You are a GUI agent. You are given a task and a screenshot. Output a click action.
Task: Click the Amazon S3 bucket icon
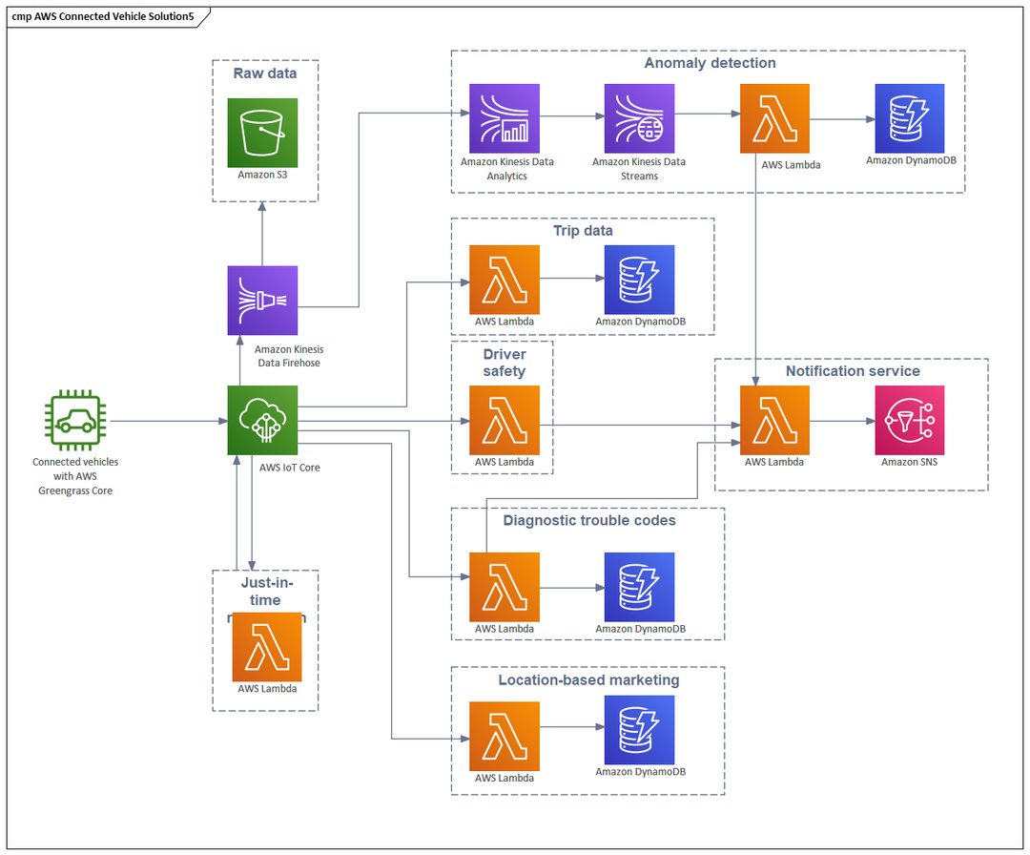pyautogui.click(x=262, y=133)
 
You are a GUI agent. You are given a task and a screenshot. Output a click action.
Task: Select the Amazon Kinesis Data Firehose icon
pyautogui.click(x=262, y=301)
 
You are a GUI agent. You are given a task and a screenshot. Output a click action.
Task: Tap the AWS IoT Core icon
pyautogui.click(x=262, y=421)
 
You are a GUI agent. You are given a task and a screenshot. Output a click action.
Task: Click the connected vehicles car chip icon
pyautogui.click(x=74, y=421)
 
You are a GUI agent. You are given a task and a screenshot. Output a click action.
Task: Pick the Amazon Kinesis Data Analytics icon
pyautogui.click(x=505, y=118)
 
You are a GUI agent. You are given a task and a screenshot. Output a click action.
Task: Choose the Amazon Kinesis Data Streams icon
pyautogui.click(x=639, y=118)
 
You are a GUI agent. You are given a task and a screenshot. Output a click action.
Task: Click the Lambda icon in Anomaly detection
pyautogui.click(x=774, y=118)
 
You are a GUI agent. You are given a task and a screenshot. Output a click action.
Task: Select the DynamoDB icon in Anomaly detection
pyautogui.click(x=910, y=118)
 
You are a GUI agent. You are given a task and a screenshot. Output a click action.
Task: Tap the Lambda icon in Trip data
pyautogui.click(x=505, y=280)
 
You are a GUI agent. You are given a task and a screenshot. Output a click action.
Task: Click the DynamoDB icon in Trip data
pyautogui.click(x=639, y=280)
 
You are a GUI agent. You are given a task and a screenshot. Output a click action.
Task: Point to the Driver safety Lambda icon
pyautogui.click(x=505, y=421)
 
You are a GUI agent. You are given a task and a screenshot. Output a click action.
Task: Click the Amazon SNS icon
pyautogui.click(x=910, y=421)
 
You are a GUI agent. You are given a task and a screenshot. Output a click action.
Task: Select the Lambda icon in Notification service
pyautogui.click(x=774, y=421)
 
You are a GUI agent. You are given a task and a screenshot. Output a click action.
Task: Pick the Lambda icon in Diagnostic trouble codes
pyautogui.click(x=505, y=587)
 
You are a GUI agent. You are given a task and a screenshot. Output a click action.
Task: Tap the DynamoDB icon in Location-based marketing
pyautogui.click(x=639, y=730)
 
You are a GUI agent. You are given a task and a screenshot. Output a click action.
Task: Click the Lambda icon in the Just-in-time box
pyautogui.click(x=267, y=647)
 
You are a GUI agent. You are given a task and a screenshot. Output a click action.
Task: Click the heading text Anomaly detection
pyautogui.click(x=710, y=63)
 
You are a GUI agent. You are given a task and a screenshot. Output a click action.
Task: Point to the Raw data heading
pyautogui.click(x=265, y=73)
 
